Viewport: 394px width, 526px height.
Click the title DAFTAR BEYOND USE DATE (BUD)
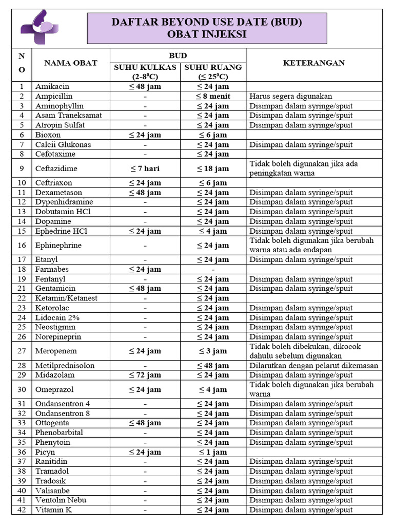pos(207,22)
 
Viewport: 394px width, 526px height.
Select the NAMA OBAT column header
pos(71,63)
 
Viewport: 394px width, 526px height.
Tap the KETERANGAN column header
pos(314,63)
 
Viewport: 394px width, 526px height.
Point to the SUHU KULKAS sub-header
pos(145,67)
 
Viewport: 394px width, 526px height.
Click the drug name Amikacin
pos(52,86)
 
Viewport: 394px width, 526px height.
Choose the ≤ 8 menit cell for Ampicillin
pos(213,96)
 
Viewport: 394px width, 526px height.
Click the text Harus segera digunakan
pos(291,96)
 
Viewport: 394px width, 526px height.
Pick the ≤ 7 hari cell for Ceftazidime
pos(145,168)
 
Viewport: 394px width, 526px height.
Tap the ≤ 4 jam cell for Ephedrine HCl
pos(213,231)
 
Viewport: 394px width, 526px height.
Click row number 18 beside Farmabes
pos(22,269)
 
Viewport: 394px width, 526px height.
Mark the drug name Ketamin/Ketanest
pos(66,298)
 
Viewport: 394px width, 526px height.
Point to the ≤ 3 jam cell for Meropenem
pos(213,351)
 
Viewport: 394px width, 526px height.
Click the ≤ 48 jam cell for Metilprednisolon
pos(213,366)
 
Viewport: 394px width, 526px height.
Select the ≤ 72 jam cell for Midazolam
pos(145,375)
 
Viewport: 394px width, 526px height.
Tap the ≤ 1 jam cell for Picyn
pos(213,452)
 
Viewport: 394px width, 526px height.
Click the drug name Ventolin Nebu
pos(61,500)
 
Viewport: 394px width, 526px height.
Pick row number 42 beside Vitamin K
pos(22,510)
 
